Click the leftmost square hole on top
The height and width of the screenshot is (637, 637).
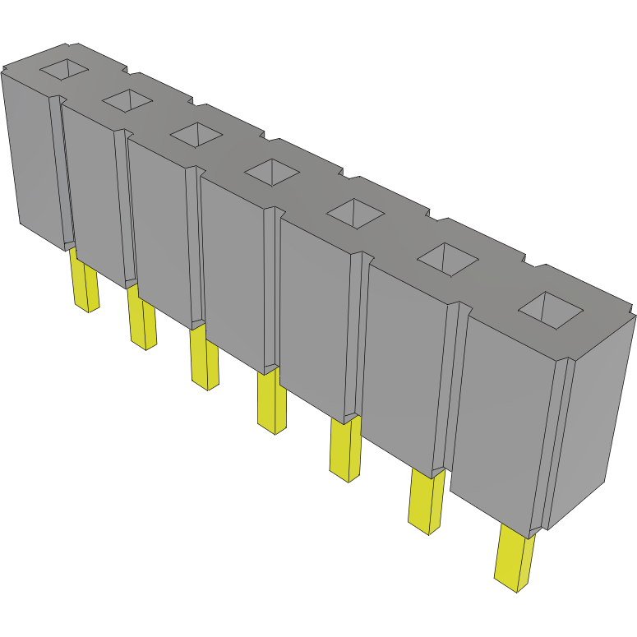64,70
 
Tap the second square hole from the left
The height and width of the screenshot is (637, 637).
127,100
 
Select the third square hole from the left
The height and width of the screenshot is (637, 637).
196,134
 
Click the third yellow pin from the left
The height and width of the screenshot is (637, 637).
204,358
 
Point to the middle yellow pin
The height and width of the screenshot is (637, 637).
271,403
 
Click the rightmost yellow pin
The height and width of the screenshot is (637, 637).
515,559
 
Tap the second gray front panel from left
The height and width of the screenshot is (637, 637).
92,193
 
